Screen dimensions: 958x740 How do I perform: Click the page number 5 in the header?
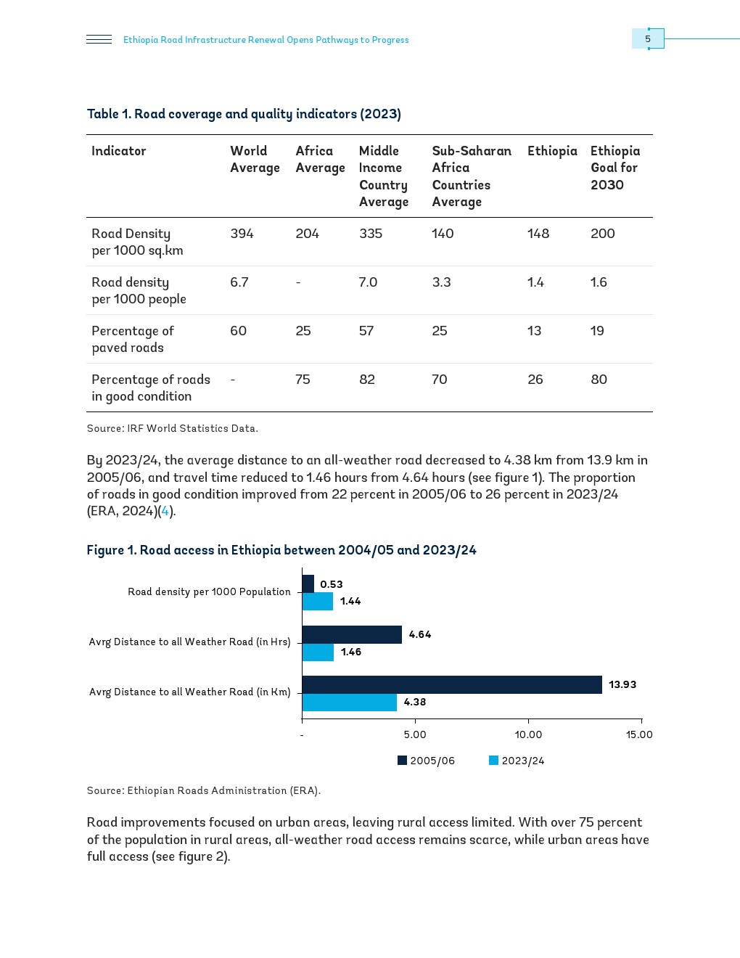click(x=648, y=39)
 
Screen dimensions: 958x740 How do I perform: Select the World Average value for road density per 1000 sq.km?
click(x=242, y=234)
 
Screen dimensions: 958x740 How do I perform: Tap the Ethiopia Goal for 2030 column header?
click(x=614, y=168)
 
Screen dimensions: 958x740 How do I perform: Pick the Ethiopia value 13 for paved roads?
click(x=534, y=331)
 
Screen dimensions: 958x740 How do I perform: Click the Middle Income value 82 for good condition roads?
click(x=367, y=380)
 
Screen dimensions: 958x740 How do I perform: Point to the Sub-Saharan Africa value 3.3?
click(x=441, y=282)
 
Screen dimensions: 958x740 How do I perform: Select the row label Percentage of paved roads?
click(x=133, y=339)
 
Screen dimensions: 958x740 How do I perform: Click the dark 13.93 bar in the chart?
click(x=451, y=684)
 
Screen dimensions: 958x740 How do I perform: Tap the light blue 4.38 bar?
click(x=349, y=703)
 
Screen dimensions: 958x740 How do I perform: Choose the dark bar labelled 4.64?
click(x=352, y=634)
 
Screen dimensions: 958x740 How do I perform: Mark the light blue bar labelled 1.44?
click(x=317, y=601)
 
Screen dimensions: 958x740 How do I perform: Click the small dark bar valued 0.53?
click(x=308, y=584)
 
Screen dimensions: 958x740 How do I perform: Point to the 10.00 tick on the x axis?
click(x=528, y=734)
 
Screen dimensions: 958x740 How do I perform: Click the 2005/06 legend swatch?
click(x=402, y=761)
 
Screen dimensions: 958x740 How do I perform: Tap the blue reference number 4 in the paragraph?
click(x=165, y=511)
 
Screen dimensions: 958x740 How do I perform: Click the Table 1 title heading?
click(x=244, y=114)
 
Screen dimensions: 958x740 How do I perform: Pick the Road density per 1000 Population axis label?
click(x=209, y=591)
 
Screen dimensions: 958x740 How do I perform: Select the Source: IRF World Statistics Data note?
click(x=172, y=428)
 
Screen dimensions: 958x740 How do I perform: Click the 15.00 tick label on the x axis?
click(x=639, y=734)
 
